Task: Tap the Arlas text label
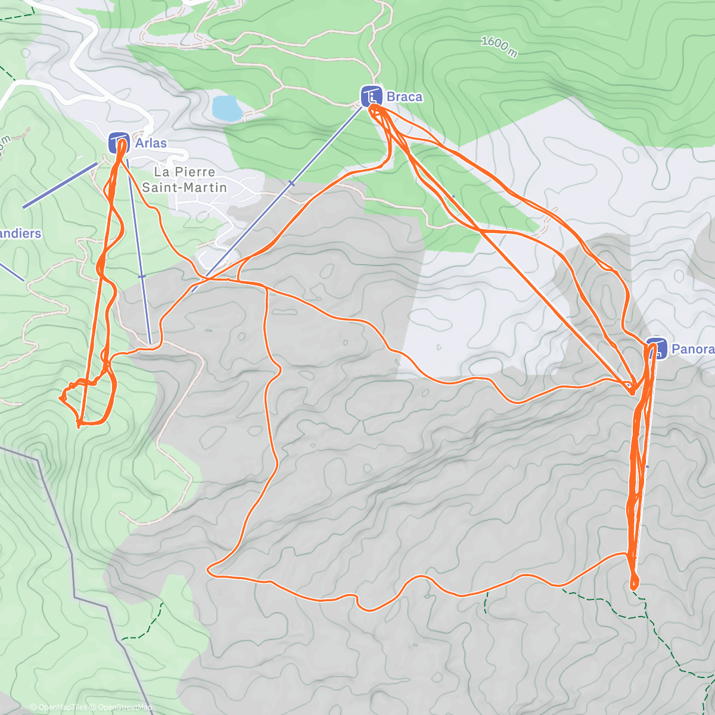pyautogui.click(x=151, y=143)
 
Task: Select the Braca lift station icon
pyautogui.click(x=371, y=96)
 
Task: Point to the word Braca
pyautogui.click(x=405, y=97)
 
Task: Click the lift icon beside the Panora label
pyautogui.click(x=657, y=349)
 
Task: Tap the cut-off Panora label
pyautogui.click(x=693, y=349)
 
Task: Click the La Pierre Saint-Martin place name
pyautogui.click(x=184, y=179)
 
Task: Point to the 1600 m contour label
pyautogui.click(x=499, y=46)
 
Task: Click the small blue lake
pyautogui.click(x=227, y=108)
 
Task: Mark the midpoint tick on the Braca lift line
pyautogui.click(x=291, y=184)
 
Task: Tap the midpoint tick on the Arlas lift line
pyautogui.click(x=142, y=276)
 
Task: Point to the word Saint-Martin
pyautogui.click(x=184, y=187)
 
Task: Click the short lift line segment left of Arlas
pyautogui.click(x=60, y=185)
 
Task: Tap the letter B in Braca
pyautogui.click(x=391, y=97)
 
